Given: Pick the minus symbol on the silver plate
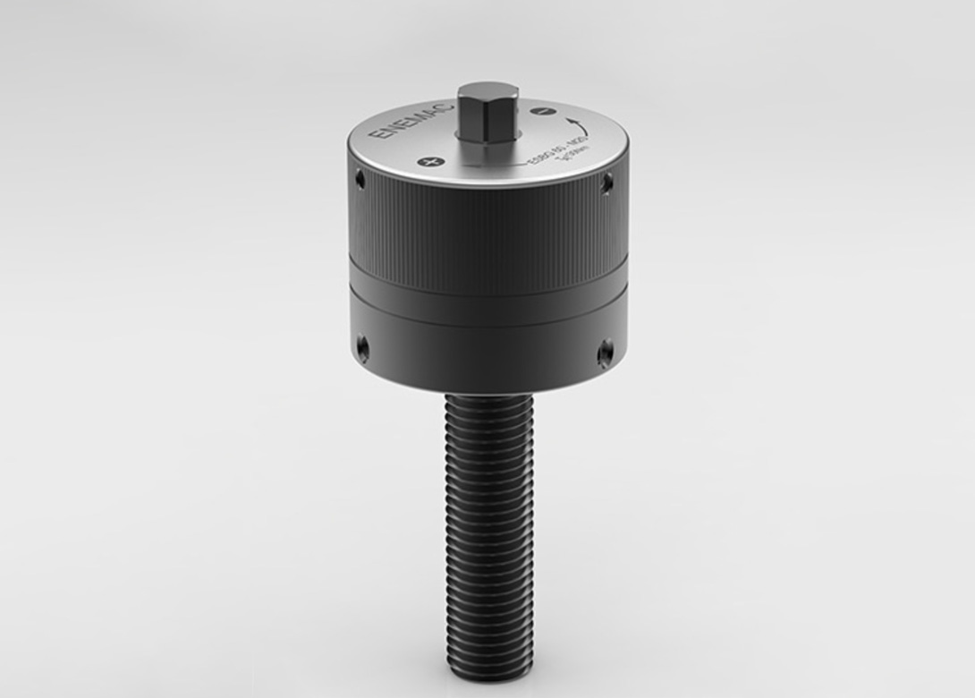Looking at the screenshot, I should [538, 111].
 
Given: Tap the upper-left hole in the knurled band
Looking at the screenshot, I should [360, 180].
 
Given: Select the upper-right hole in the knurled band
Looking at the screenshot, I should [606, 183].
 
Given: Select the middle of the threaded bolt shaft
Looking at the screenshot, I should [489, 537].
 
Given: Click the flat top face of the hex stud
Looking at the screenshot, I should [488, 91].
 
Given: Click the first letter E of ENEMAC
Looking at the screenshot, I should [378, 136].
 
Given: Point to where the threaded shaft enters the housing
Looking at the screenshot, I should [488, 396].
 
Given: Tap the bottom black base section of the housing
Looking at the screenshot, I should [487, 353].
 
